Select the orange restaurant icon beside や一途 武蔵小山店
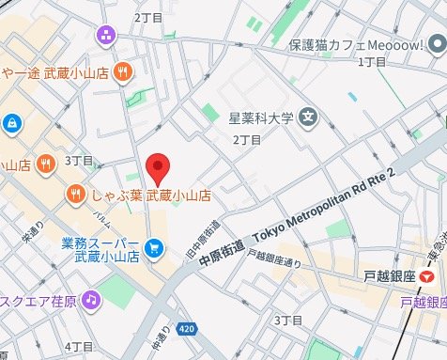121,72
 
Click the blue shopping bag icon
9,122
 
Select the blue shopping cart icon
155,249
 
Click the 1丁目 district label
373,62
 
